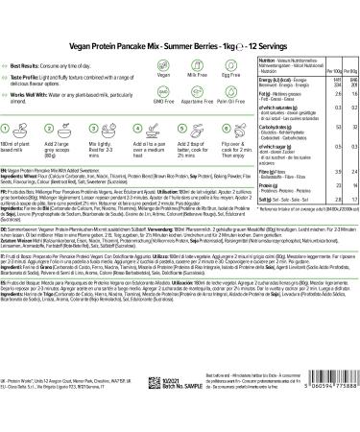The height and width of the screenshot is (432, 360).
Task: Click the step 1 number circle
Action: point(22,150)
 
